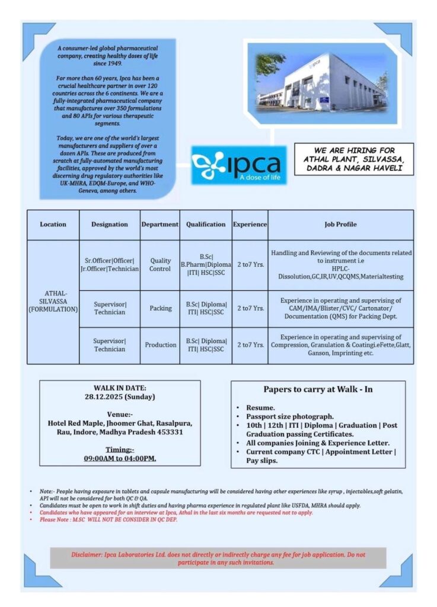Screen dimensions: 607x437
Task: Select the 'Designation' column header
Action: coord(109,225)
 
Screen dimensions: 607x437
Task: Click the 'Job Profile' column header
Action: coord(340,225)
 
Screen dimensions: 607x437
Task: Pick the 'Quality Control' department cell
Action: coord(160,264)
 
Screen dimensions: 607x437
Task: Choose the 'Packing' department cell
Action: coord(160,308)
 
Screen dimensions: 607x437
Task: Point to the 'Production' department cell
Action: coord(160,344)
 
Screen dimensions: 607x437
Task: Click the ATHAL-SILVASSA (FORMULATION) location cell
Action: coord(53,302)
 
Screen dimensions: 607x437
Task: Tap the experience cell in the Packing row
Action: coord(250,308)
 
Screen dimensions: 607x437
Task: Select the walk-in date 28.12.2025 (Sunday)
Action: coord(120,397)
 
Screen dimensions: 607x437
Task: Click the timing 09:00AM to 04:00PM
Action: coord(120,458)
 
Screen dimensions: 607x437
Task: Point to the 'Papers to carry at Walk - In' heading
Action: coord(318,389)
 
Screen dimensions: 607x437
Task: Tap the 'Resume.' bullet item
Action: coord(261,408)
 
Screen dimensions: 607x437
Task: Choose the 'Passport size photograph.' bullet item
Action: coord(290,417)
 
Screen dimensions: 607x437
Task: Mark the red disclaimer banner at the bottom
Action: coord(218,558)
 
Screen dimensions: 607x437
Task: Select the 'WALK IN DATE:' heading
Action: coord(120,388)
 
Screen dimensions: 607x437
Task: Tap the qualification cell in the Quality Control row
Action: coord(205,264)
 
